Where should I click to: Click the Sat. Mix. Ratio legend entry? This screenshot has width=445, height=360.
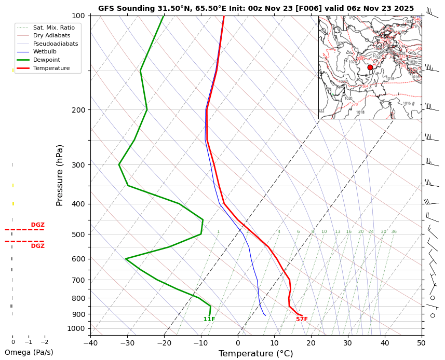pyautogui.click(x=55, y=27)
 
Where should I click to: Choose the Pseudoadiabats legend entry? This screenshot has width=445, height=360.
pyautogui.click(x=55, y=44)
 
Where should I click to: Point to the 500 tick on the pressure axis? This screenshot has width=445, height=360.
pyautogui.click(x=78, y=234)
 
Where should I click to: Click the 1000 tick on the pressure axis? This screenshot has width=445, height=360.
pyautogui.click(x=76, y=328)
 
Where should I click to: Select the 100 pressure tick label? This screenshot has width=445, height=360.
pyautogui.click(x=78, y=16)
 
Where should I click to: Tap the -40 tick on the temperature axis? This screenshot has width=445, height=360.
pyautogui.click(x=90, y=342)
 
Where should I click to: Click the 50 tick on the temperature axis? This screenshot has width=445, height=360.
pyautogui.click(x=421, y=342)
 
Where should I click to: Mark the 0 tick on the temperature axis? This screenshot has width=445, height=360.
pyautogui.click(x=238, y=342)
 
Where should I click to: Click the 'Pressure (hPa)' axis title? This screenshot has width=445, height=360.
pyautogui.click(x=60, y=175)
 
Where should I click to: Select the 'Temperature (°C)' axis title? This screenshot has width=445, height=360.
pyautogui.click(x=255, y=354)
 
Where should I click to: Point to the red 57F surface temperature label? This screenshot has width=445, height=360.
pyautogui.click(x=302, y=320)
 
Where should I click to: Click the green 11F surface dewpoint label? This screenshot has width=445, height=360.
pyautogui.click(x=209, y=320)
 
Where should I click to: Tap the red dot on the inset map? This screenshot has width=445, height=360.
pyautogui.click(x=370, y=67)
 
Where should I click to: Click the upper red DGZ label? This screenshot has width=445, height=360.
pyautogui.click(x=37, y=225)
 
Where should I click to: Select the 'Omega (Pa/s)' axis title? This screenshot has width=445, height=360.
pyautogui.click(x=29, y=352)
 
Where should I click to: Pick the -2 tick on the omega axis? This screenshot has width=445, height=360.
pyautogui.click(x=44, y=342)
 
